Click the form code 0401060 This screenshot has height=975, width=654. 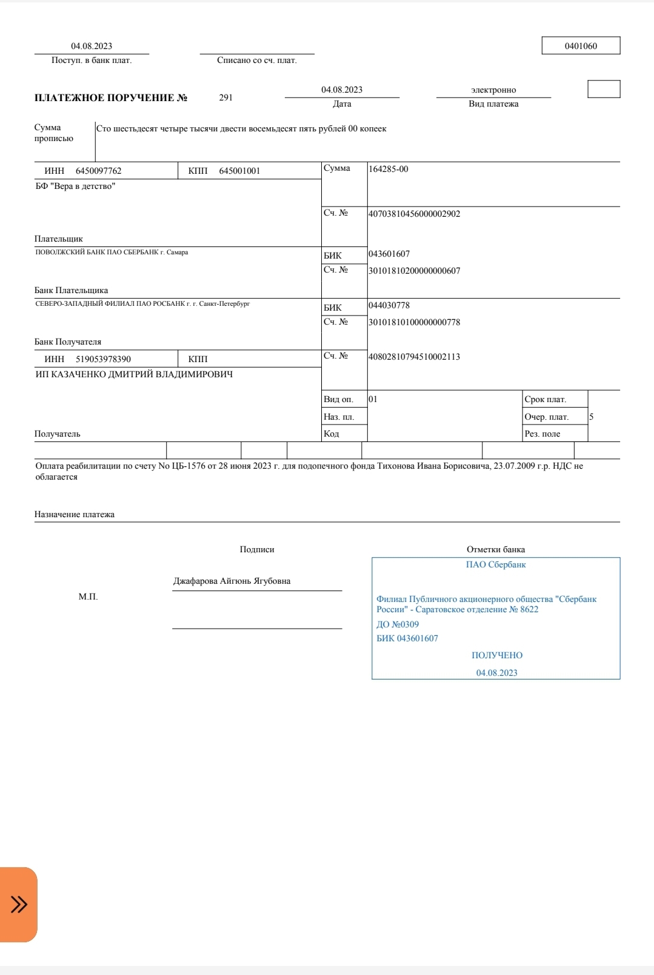pyautogui.click(x=581, y=46)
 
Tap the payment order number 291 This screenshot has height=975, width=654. pyautogui.click(x=226, y=97)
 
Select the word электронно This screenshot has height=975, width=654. pyautogui.click(x=493, y=90)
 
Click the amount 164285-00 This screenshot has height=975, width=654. pyautogui.click(x=389, y=169)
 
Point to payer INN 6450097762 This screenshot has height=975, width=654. pyautogui.click(x=98, y=171)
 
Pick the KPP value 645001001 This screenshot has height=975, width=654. pyautogui.click(x=239, y=171)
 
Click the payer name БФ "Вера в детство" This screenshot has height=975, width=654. pyautogui.click(x=75, y=187)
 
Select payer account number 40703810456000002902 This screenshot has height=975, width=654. pyautogui.click(x=415, y=214)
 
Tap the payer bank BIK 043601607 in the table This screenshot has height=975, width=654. pyautogui.click(x=389, y=254)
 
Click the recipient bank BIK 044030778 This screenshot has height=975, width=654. pyautogui.click(x=389, y=305)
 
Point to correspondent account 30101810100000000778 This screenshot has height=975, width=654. pyautogui.click(x=415, y=322)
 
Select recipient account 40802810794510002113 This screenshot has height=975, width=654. pyautogui.click(x=415, y=357)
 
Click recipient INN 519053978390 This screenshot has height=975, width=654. pyautogui.click(x=103, y=359)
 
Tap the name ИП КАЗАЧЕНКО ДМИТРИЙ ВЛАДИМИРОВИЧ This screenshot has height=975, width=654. pyautogui.click(x=134, y=374)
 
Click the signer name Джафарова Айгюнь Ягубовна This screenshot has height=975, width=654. pyautogui.click(x=232, y=581)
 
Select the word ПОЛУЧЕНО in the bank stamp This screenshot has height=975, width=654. pyautogui.click(x=497, y=655)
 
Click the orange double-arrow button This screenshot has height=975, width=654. pyautogui.click(x=19, y=904)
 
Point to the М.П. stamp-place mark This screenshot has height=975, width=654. pyautogui.click(x=88, y=597)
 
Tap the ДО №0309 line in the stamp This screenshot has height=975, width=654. pyautogui.click(x=398, y=624)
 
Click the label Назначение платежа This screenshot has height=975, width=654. pyautogui.click(x=75, y=514)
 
